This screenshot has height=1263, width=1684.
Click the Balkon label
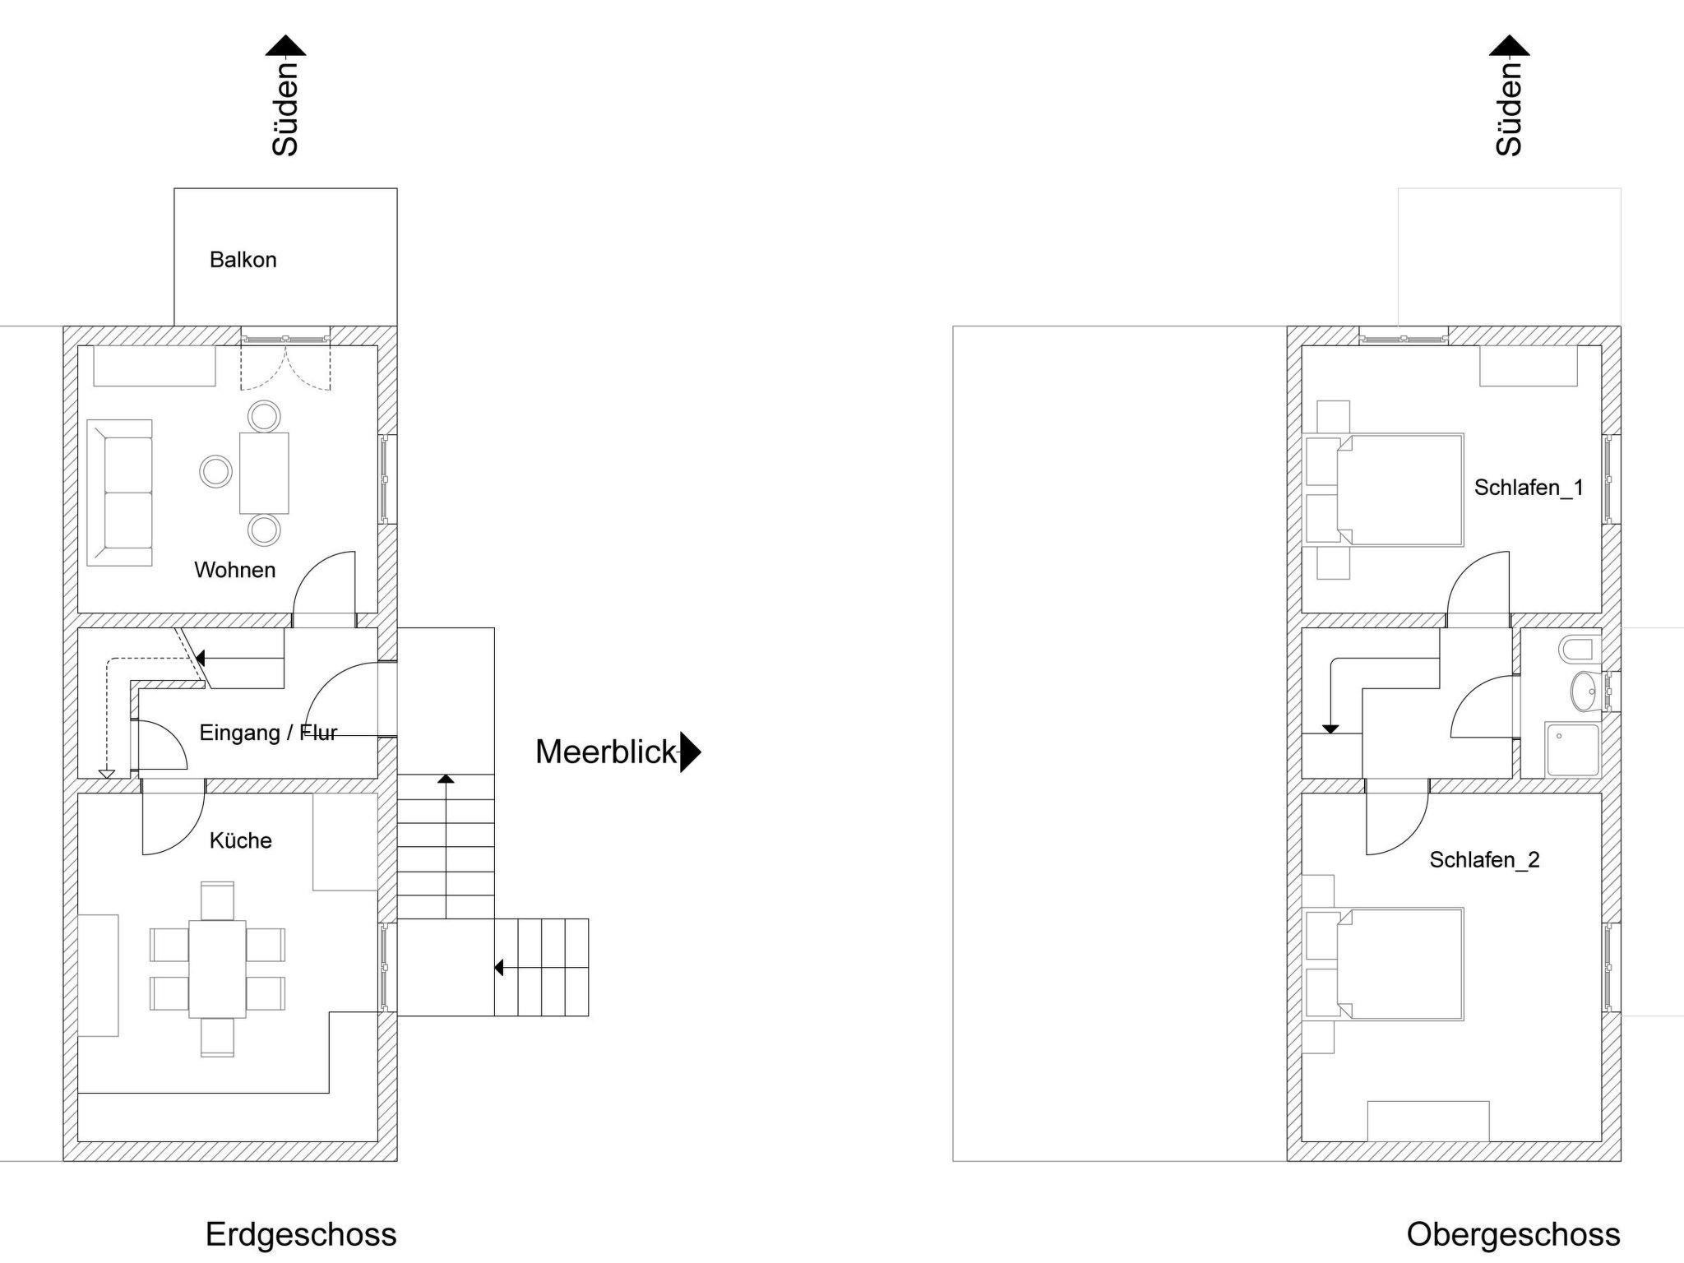pyautogui.click(x=243, y=260)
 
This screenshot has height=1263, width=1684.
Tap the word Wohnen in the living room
pyautogui.click(x=234, y=570)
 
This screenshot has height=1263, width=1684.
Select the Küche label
pyautogui.click(x=240, y=840)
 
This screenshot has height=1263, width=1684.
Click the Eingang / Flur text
pyautogui.click(x=268, y=733)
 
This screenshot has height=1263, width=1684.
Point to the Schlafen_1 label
pyautogui.click(x=1528, y=488)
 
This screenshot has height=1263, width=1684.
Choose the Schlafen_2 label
pyautogui.click(x=1483, y=860)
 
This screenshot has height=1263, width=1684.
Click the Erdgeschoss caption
pyautogui.click(x=300, y=1234)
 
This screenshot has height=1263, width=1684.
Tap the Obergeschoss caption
pyautogui.click(x=1513, y=1234)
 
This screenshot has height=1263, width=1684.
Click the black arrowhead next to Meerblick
pyautogui.click(x=690, y=752)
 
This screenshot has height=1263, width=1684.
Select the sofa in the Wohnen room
pyautogui.click(x=120, y=493)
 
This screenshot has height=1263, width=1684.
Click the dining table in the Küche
pyautogui.click(x=217, y=969)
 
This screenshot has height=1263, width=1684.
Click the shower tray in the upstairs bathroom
pyautogui.click(x=1572, y=750)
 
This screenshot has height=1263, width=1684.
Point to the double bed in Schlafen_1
pyautogui.click(x=1399, y=490)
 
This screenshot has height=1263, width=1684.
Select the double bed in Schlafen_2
pyautogui.click(x=1399, y=965)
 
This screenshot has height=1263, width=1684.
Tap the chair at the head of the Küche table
pyautogui.click(x=217, y=900)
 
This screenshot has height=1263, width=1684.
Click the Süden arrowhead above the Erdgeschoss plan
pyautogui.click(x=285, y=46)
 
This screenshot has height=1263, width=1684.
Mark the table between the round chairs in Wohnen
pyautogui.click(x=264, y=473)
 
